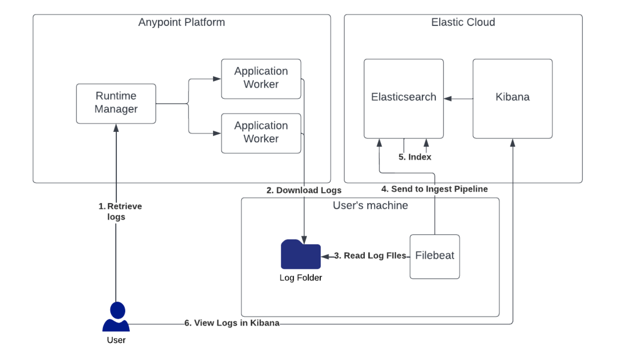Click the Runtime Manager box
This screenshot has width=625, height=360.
pos(116,104)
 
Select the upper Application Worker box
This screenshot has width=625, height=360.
pos(261,79)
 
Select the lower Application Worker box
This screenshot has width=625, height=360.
pos(261,133)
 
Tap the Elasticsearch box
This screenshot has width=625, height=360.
pos(404,98)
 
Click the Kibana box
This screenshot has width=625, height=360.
pos(513,98)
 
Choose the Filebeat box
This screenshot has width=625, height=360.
pos(434,256)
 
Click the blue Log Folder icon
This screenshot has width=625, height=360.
pos(300,254)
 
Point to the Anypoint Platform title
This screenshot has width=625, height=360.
pos(182,22)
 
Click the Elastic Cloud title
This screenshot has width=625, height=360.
pos(463,22)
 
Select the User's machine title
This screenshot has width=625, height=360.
pos(370,206)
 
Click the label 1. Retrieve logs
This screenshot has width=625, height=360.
pos(120,211)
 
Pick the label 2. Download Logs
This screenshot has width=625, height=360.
pos(303,190)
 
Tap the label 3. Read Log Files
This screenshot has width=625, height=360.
pos(370,256)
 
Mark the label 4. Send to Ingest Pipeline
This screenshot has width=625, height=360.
pos(434,189)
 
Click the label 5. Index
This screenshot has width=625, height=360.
pos(415,157)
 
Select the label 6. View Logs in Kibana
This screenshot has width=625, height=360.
pos(232,323)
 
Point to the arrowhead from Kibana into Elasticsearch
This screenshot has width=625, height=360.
pos(448,99)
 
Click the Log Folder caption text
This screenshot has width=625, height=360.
pos(300,278)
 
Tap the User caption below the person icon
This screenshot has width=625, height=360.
pos(116,340)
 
